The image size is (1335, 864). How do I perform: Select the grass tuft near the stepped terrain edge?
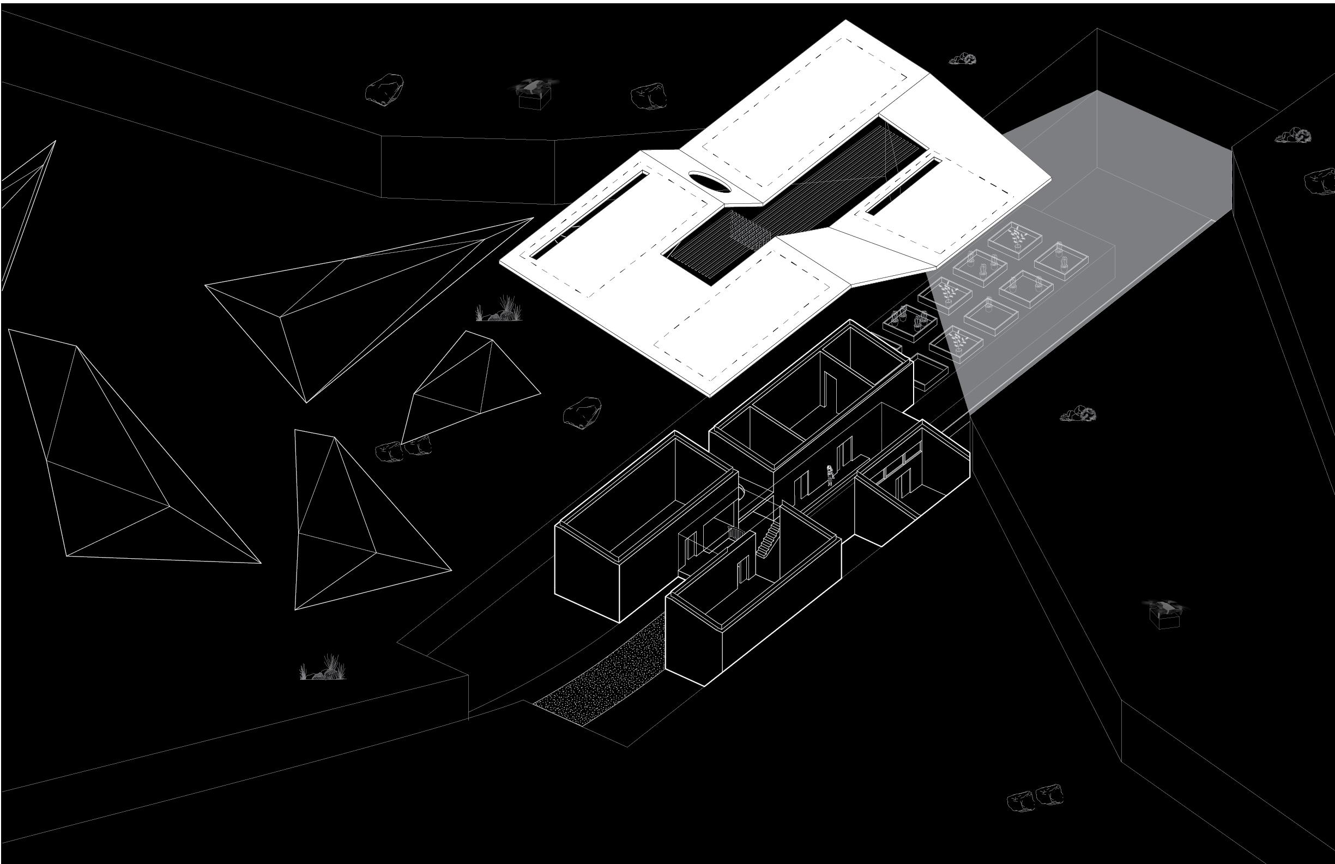pyautogui.click(x=322, y=669)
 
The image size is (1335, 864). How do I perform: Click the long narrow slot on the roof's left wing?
pyautogui.click(x=583, y=216)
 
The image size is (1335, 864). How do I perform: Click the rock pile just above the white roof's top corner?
pyautogui.click(x=963, y=58)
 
